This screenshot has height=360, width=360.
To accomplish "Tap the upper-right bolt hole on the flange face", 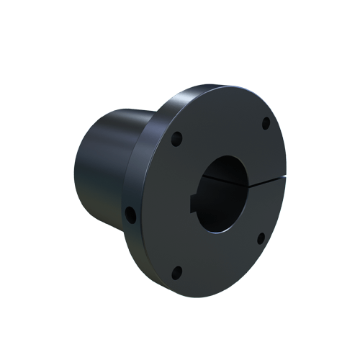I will click(x=266, y=122).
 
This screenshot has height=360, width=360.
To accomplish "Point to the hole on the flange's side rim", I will click(x=131, y=213).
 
